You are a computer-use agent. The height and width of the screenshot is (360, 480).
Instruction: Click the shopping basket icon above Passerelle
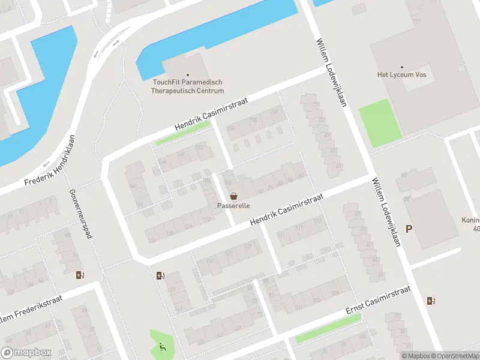click(x=233, y=196)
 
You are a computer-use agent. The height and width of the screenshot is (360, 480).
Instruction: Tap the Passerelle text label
click(x=233, y=206)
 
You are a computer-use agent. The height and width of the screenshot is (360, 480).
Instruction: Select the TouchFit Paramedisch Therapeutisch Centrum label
click(x=188, y=86)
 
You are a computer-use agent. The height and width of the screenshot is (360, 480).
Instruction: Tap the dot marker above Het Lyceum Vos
click(x=401, y=67)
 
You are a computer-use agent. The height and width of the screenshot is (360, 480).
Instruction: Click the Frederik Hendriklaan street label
click(x=52, y=163)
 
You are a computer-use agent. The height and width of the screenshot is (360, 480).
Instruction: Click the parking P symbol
click(x=409, y=229)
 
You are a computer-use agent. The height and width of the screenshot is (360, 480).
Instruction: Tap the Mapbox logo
click(x=26, y=353)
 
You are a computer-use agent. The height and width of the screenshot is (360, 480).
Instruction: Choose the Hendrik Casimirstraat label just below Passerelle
click(x=287, y=209)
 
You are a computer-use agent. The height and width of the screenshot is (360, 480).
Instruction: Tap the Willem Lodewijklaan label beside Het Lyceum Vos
click(x=332, y=73)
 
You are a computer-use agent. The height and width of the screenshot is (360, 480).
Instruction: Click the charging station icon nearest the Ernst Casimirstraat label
click(x=431, y=301)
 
